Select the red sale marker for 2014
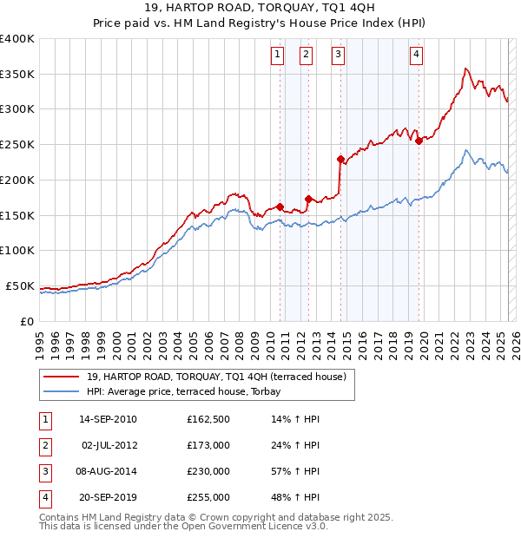[x=340, y=159]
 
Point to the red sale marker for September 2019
[x=419, y=141]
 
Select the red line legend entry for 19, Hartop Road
[x=216, y=377]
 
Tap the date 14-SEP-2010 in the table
[x=109, y=420]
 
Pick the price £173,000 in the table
[x=208, y=446]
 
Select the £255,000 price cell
[x=208, y=498]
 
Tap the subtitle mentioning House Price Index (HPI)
[x=260, y=25]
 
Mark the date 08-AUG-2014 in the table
[x=109, y=472]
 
